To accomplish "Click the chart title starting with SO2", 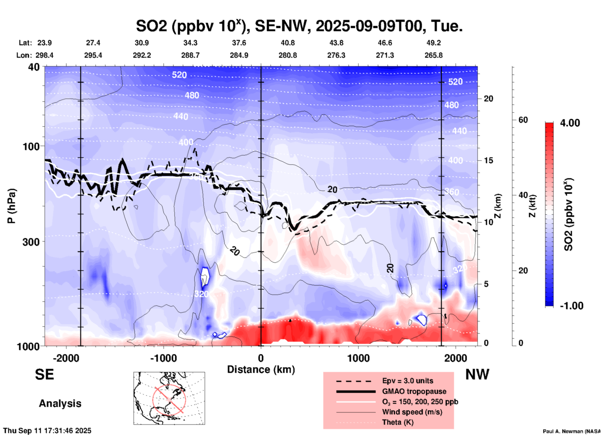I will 299,26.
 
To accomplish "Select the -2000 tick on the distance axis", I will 66,358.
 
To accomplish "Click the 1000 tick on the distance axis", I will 358,358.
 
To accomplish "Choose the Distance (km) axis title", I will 261,369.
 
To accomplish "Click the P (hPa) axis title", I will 12,206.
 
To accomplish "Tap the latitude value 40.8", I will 287,43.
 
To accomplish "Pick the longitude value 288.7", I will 190,56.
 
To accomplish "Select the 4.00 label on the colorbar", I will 570,123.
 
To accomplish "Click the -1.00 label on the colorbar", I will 571,306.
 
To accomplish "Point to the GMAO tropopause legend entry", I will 414,391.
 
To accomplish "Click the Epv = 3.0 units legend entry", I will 408,381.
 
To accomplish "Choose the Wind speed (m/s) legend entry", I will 412,412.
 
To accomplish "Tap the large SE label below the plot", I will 44,374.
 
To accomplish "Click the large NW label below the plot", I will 477,374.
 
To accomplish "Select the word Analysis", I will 60,403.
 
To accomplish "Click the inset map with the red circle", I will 169,398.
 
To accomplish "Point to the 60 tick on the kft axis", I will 523,120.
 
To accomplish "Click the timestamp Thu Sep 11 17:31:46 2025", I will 47,431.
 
